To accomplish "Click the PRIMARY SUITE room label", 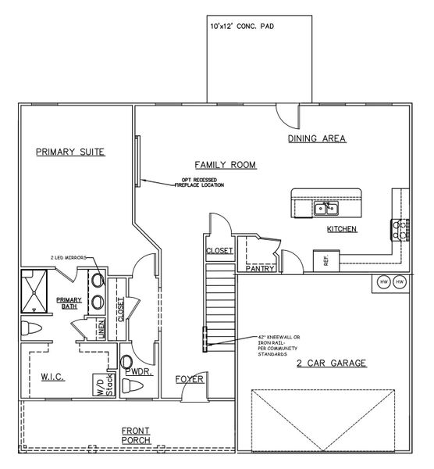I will pyautogui.click(x=70, y=152).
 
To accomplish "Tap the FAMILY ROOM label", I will pyautogui.click(x=226, y=165).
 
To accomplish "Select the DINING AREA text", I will pyautogui.click(x=316, y=138).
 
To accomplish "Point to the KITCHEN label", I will pyautogui.click(x=341, y=229).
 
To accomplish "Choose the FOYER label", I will pyautogui.click(x=189, y=379).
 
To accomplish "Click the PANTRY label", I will pyautogui.click(x=258, y=268).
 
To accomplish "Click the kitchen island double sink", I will pyautogui.click(x=325, y=208).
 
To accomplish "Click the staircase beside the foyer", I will pyautogui.click(x=219, y=305).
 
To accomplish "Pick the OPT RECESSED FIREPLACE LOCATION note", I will pyautogui.click(x=202, y=183).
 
